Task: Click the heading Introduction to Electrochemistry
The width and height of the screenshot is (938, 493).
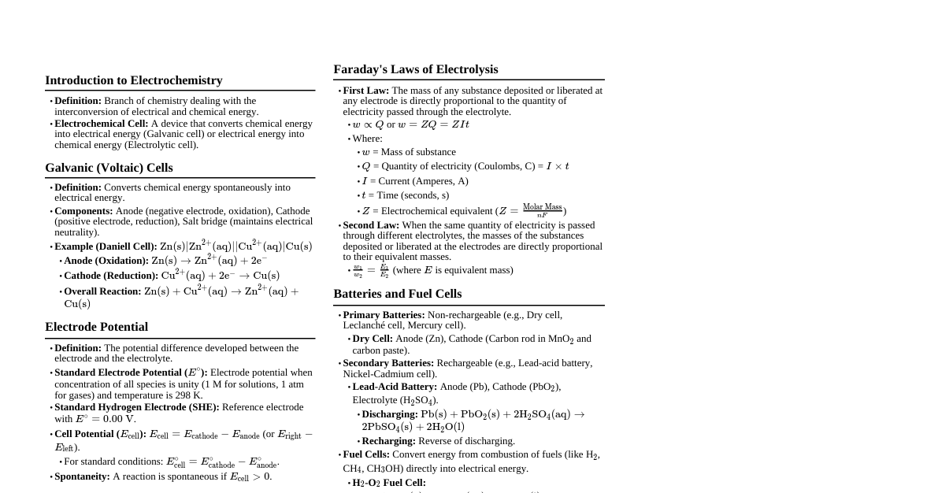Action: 133,80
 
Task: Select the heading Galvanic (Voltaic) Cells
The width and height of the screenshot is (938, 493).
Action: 109,168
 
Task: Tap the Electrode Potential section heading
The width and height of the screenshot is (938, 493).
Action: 96,327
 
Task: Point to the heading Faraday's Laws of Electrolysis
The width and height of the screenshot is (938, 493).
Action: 415,69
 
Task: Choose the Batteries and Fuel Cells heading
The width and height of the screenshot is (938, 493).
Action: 397,294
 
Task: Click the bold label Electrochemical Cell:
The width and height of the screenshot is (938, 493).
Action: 101,124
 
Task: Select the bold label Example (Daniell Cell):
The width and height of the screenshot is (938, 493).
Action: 106,246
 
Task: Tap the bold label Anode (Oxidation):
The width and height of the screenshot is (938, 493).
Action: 106,261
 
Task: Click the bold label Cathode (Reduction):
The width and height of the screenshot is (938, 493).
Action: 110,276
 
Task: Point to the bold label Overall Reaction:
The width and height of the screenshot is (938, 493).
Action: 102,291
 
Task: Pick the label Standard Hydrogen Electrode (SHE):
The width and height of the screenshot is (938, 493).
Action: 136,407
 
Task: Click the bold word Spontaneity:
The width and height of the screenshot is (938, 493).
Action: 82,476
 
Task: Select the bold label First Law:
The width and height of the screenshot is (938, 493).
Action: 365,91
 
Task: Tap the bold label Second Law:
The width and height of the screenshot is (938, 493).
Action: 371,225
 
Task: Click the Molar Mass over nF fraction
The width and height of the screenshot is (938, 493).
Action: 542,210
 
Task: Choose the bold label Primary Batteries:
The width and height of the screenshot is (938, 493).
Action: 384,315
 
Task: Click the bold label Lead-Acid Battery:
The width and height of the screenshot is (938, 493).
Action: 395,387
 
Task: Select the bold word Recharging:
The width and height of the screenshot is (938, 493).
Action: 388,441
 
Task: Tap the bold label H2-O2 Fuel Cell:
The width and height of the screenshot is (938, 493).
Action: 388,483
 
